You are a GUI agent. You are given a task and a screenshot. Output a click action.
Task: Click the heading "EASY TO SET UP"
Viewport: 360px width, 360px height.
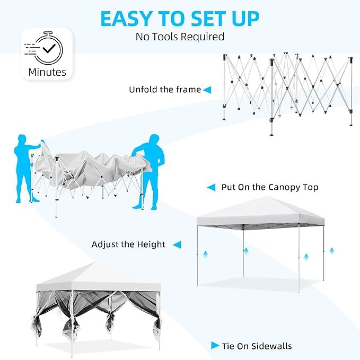180,19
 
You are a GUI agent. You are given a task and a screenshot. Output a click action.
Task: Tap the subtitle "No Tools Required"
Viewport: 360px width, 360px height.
180,37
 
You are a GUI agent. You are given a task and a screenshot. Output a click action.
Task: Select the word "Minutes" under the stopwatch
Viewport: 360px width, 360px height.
47,72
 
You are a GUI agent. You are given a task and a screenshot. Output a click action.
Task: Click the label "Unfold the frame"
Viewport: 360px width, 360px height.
165,90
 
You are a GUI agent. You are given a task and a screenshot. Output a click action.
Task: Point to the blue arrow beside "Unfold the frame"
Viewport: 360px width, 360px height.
207,90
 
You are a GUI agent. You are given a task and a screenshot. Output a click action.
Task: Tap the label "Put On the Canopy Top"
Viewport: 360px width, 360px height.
270,187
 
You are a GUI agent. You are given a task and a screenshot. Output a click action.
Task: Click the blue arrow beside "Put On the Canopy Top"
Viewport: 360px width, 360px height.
211,187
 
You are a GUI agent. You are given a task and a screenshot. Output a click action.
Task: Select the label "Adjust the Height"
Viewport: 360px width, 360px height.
128,244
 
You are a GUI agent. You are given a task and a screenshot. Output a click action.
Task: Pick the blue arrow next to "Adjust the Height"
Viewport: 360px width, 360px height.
177,244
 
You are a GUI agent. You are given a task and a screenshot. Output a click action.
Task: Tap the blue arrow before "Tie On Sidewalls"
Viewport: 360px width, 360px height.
215,346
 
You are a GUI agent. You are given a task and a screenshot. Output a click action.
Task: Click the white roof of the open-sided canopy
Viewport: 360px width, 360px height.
260,210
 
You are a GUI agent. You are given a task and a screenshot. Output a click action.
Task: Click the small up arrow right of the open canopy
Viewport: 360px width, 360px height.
331,250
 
